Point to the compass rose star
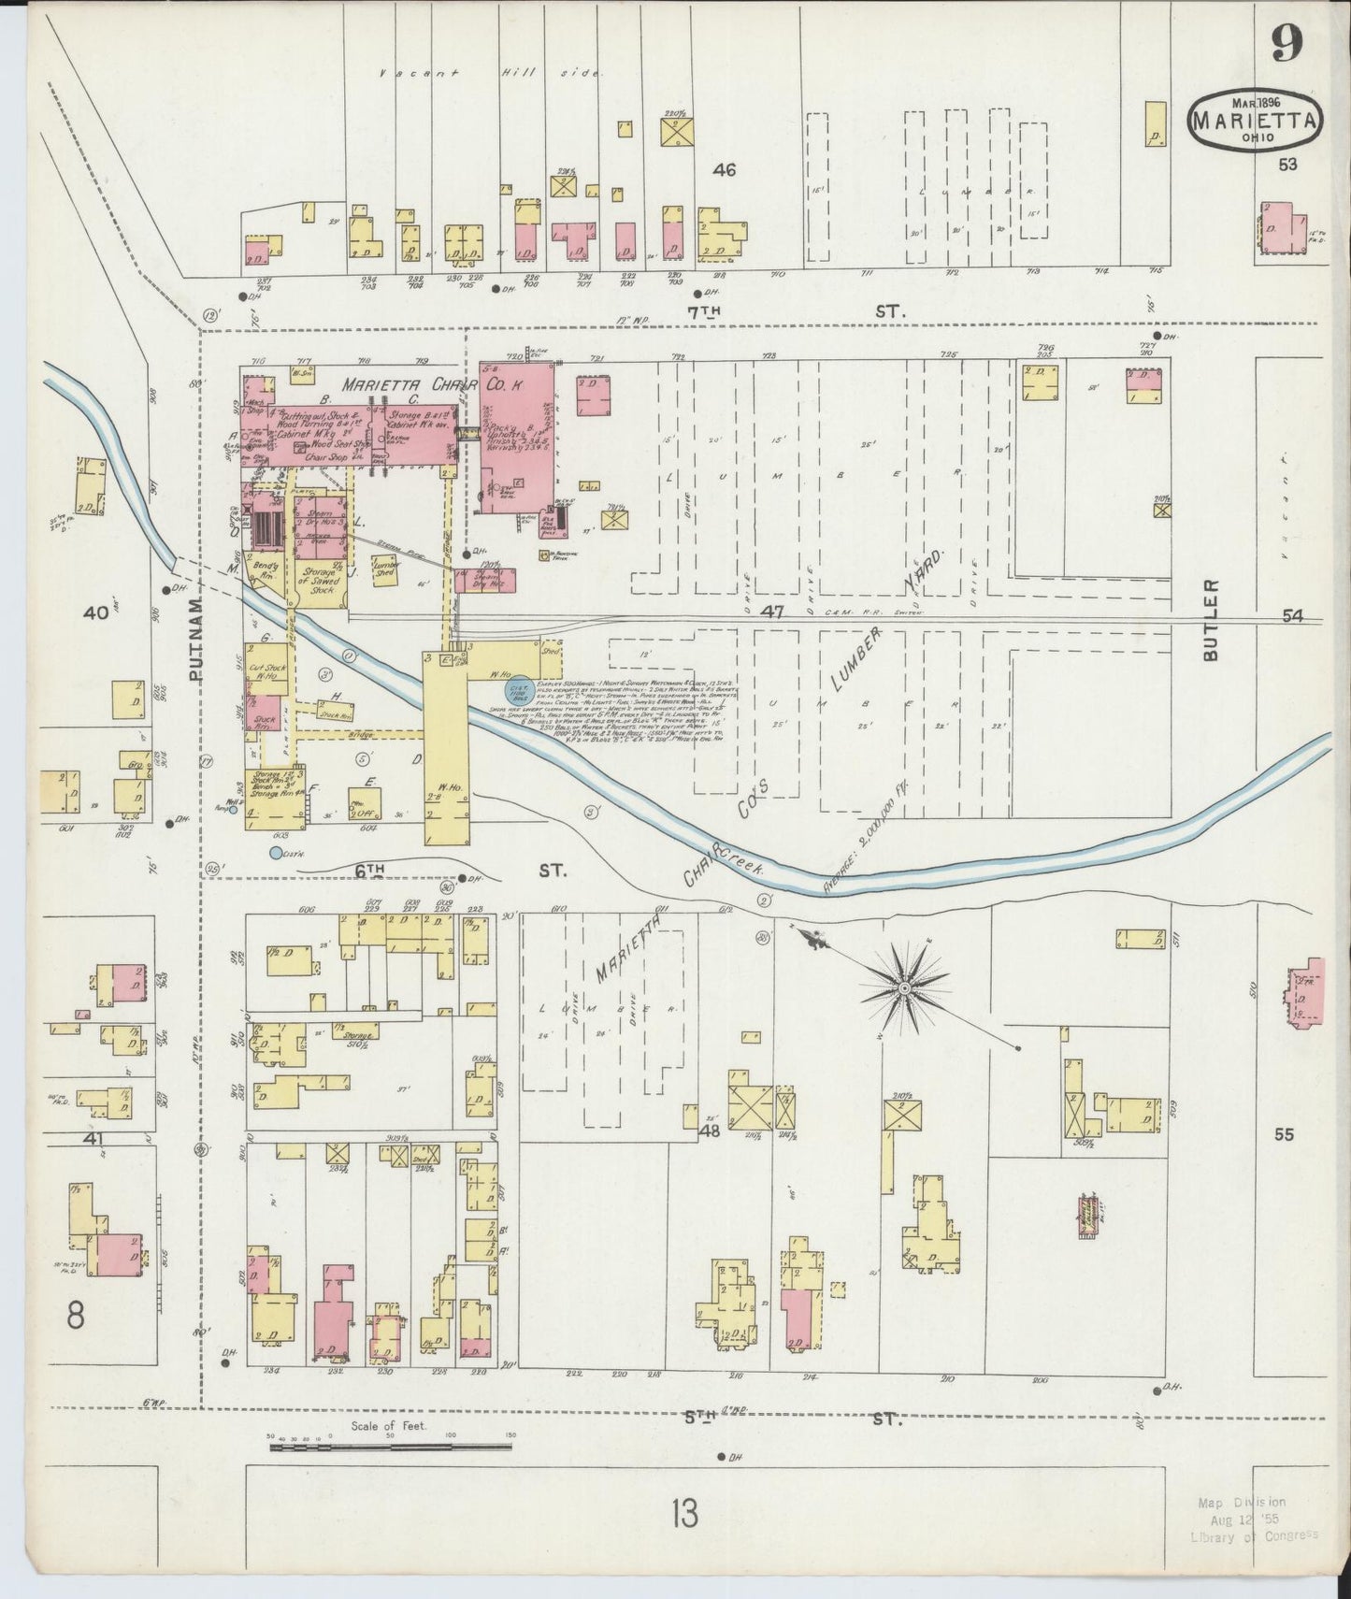click(904, 987)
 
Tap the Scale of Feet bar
click(390, 1447)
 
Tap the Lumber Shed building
click(385, 569)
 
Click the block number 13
click(684, 1513)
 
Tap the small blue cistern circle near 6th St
click(275, 852)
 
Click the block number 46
click(724, 170)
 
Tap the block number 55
click(1284, 1134)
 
